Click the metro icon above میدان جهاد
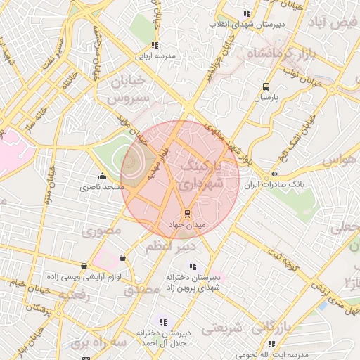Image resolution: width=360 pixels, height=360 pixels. point(187,213)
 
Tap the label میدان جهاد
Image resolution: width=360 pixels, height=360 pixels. point(186,224)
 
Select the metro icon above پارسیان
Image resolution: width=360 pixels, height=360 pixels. point(265,87)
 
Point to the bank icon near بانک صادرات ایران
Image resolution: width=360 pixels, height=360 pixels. point(274,174)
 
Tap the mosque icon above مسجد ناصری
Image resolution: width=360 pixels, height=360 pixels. point(103,176)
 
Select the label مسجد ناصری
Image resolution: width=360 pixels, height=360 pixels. point(101,187)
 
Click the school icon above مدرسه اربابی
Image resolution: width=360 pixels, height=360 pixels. point(154,45)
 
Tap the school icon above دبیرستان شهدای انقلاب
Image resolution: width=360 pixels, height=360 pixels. point(246,13)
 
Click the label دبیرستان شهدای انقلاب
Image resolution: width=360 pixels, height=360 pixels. point(245,25)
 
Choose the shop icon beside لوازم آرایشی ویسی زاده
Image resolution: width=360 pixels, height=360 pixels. point(85,266)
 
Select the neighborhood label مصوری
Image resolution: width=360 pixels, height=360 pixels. point(102,231)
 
